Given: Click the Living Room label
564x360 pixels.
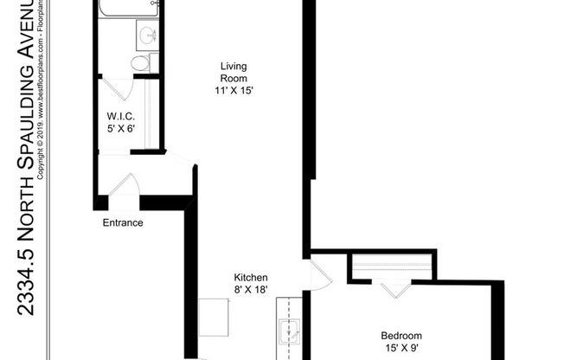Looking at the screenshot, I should pyautogui.click(x=233, y=73).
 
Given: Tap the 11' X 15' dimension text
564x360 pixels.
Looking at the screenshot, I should pyautogui.click(x=233, y=90).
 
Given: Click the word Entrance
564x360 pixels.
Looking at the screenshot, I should pyautogui.click(x=123, y=222).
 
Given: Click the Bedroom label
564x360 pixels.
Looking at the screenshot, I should pyautogui.click(x=401, y=336).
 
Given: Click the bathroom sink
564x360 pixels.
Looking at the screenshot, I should pyautogui.click(x=145, y=36).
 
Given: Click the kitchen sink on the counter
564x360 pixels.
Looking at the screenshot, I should pyautogui.click(x=289, y=329).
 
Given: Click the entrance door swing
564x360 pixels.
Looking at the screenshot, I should pyautogui.click(x=124, y=185).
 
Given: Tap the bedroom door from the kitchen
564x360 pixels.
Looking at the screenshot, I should pyautogui.click(x=319, y=273).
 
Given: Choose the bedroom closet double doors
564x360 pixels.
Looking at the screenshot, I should pyautogui.click(x=393, y=288).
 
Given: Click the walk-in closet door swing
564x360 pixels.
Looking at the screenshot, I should pyautogui.click(x=117, y=89).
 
